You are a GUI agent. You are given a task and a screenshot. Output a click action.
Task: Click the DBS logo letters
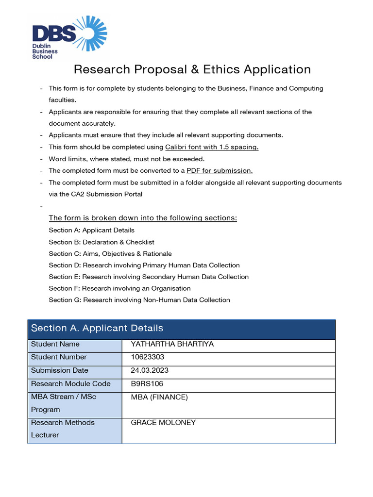click(54, 34)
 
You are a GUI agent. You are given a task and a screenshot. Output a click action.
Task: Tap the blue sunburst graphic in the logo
click(91, 33)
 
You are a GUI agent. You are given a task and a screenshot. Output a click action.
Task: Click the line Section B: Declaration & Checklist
click(102, 242)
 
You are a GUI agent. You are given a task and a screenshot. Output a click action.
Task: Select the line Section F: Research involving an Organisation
click(119, 288)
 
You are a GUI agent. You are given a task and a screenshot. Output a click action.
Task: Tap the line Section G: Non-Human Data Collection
click(139, 300)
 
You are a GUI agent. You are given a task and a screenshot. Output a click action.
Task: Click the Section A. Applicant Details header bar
click(181, 329)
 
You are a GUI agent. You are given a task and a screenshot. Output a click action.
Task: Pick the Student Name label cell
click(55, 344)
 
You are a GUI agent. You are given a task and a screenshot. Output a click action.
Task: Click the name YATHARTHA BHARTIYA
click(172, 344)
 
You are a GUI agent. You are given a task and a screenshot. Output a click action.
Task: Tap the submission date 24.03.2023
click(150, 370)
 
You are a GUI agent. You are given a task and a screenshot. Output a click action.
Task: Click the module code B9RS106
click(147, 383)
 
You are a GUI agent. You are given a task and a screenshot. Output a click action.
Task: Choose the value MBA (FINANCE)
click(159, 398)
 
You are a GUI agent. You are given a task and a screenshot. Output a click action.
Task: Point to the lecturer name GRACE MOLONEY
click(163, 423)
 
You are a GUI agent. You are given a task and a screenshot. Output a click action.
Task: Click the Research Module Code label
click(71, 383)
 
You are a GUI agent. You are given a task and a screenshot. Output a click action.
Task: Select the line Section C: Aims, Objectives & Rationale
click(110, 253)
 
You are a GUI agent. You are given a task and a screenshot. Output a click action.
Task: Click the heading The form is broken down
click(143, 218)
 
